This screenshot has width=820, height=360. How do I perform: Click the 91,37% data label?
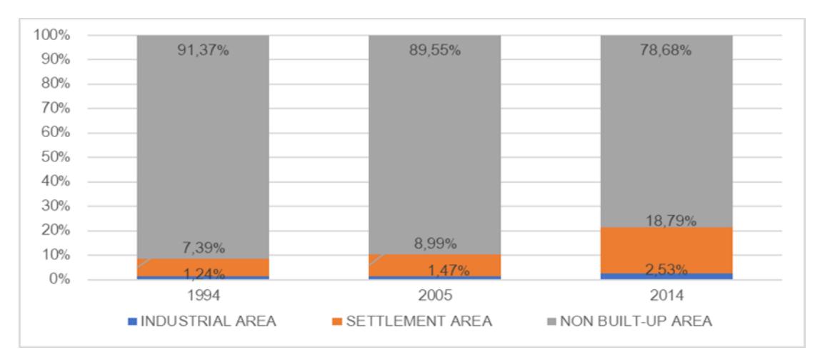pyautogui.click(x=203, y=51)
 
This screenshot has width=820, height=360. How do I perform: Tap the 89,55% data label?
pyautogui.click(x=434, y=51)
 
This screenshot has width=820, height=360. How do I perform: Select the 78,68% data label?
pyautogui.click(x=666, y=51)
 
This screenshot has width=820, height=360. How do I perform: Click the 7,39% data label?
pyautogui.click(x=203, y=247)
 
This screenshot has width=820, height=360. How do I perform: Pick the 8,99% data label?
pyautogui.click(x=434, y=244)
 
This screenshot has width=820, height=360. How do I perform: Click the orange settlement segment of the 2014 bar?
pyautogui.click(x=666, y=250)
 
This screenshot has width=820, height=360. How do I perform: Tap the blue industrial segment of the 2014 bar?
pyautogui.click(x=666, y=276)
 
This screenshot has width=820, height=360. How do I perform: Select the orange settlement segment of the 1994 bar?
pyautogui.click(x=203, y=267)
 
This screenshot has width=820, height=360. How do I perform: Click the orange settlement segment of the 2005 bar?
pyautogui.click(x=434, y=265)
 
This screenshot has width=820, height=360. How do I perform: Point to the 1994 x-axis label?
pyautogui.click(x=203, y=296)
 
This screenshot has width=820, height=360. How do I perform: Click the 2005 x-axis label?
pyautogui.click(x=434, y=296)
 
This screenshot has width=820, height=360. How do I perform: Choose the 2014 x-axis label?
pyautogui.click(x=666, y=296)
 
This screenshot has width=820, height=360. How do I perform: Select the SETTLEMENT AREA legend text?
pyautogui.click(x=419, y=321)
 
